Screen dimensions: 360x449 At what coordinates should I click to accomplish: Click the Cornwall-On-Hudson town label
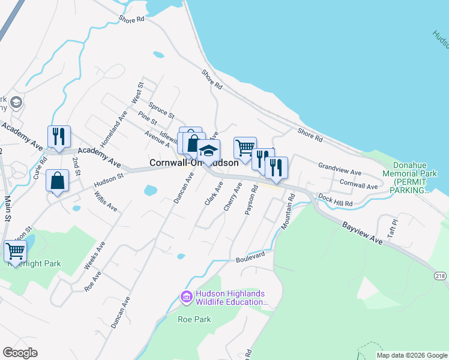(x=193, y=163)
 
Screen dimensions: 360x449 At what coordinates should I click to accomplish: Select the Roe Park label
(x=194, y=319)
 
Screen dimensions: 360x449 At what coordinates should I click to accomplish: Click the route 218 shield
(x=441, y=275)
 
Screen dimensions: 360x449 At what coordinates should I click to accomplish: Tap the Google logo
(x=20, y=353)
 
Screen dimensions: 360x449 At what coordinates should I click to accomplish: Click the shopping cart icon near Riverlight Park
(x=15, y=251)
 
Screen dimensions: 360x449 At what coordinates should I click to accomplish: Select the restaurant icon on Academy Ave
(x=59, y=137)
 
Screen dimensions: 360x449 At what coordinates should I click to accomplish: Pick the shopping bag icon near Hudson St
(x=57, y=181)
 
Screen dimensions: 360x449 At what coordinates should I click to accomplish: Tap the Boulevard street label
(x=250, y=257)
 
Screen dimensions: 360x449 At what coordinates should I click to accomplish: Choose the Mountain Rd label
(x=288, y=211)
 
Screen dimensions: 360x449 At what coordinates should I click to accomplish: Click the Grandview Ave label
(x=340, y=169)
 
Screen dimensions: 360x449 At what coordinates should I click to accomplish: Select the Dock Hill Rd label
(x=336, y=201)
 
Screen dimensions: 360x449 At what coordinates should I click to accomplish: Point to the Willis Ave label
(x=106, y=202)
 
